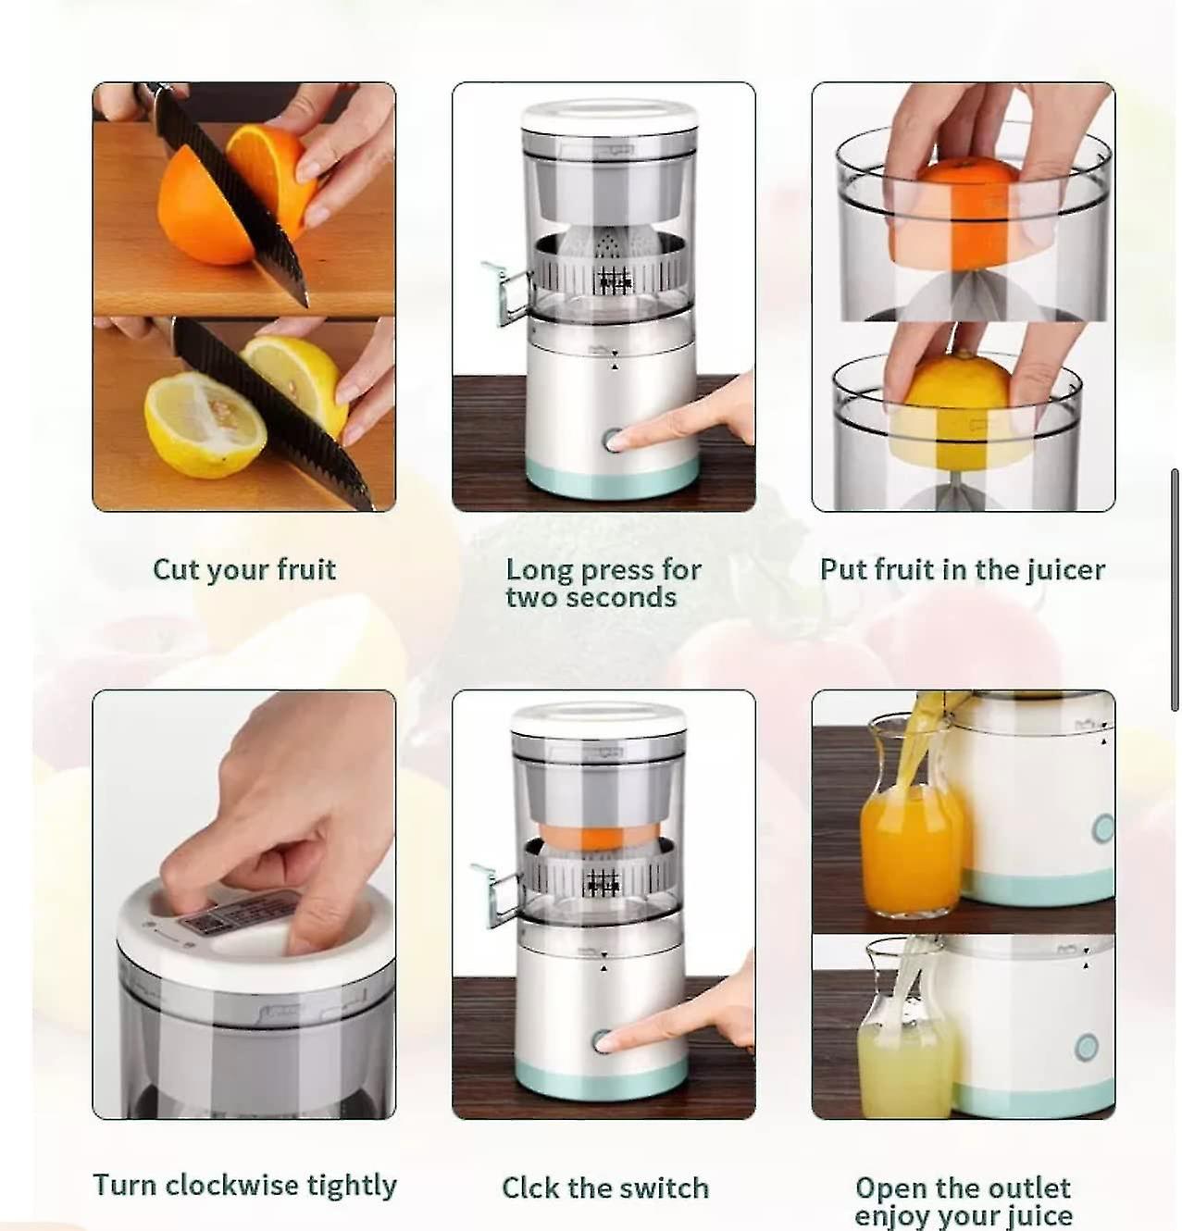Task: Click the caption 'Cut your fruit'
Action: pyautogui.click(x=243, y=569)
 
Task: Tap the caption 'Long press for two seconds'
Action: pyautogui.click(x=603, y=583)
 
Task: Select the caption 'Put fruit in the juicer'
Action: pyautogui.click(x=962, y=569)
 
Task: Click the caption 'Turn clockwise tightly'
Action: pyautogui.click(x=244, y=1185)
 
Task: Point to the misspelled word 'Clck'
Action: pyautogui.click(x=531, y=1187)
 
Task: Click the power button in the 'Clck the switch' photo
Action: pyautogui.click(x=602, y=1041)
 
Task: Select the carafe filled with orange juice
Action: pyautogui.click(x=907, y=838)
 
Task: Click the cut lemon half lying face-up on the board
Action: pyautogui.click(x=204, y=426)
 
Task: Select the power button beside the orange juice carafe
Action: pyautogui.click(x=1101, y=827)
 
